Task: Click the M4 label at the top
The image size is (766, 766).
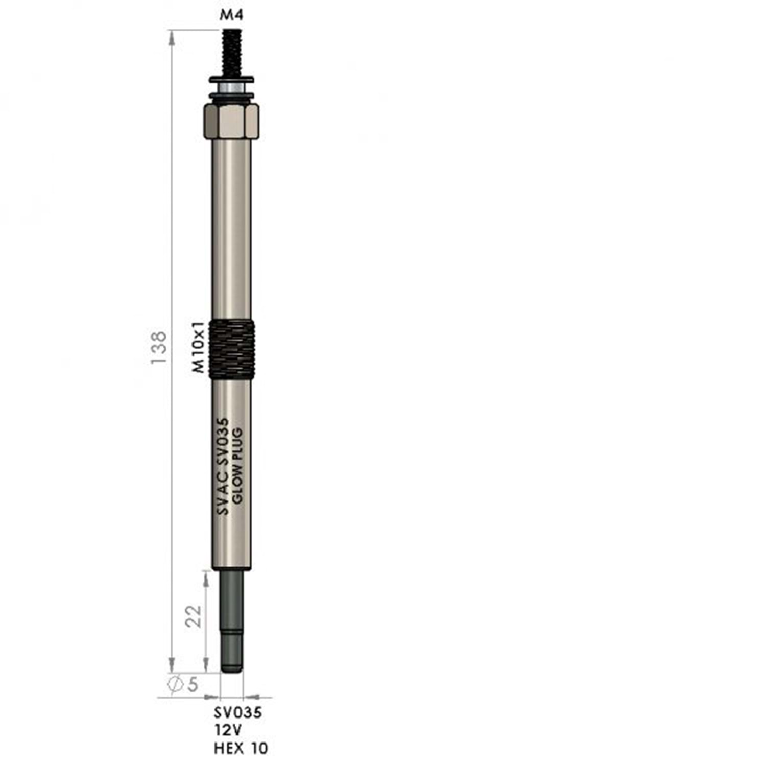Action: click(231, 15)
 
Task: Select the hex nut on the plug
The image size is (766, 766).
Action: click(231, 121)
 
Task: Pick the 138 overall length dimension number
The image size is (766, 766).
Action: click(159, 348)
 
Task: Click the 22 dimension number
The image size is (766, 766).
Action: click(194, 616)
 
